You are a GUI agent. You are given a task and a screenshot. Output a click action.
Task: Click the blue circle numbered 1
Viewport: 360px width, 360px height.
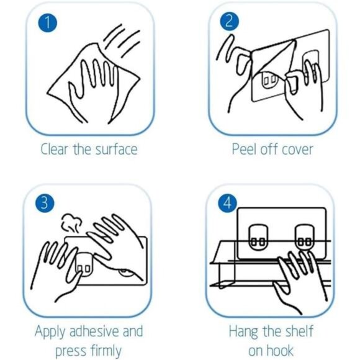tap(48, 22)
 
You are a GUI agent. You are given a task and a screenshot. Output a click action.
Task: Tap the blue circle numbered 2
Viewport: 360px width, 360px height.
tap(230, 21)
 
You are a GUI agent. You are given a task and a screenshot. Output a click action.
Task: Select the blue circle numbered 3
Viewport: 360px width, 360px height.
tap(45, 203)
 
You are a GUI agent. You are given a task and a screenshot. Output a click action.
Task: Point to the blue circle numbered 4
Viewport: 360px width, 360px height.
tap(227, 203)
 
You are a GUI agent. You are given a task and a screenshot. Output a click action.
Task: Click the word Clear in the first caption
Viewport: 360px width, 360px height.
tap(55, 149)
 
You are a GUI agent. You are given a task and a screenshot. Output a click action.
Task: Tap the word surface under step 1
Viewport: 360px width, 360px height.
tap(117, 149)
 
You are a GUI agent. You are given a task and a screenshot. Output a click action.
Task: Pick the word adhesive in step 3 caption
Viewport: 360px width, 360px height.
tap(95, 331)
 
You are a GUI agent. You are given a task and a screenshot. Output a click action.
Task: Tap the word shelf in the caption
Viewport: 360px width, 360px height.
tap(298, 331)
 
